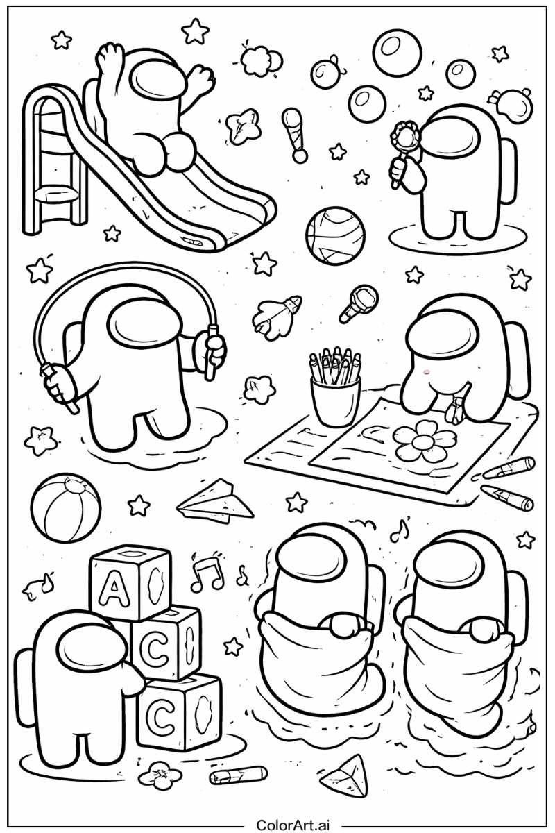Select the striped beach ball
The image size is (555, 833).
click(65, 507)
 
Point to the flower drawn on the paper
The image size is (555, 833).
click(420, 441)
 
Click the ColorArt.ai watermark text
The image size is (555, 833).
click(293, 825)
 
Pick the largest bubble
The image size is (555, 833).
click(398, 53)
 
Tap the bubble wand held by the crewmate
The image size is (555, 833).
click(403, 147)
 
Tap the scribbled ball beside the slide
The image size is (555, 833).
click(335, 235)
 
